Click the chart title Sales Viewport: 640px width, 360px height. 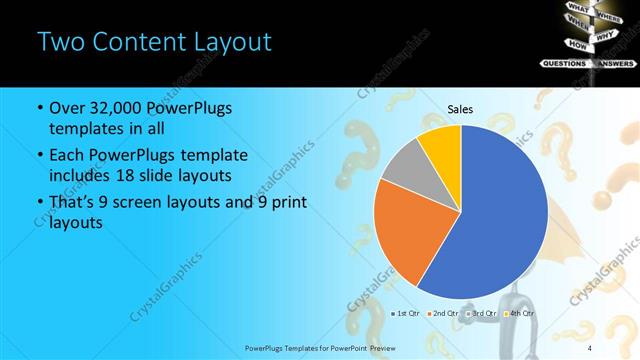[x=460, y=110]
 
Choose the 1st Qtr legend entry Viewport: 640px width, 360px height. [x=405, y=313]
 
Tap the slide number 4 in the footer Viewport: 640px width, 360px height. [x=590, y=347]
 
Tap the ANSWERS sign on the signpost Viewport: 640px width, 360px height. [x=615, y=62]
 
